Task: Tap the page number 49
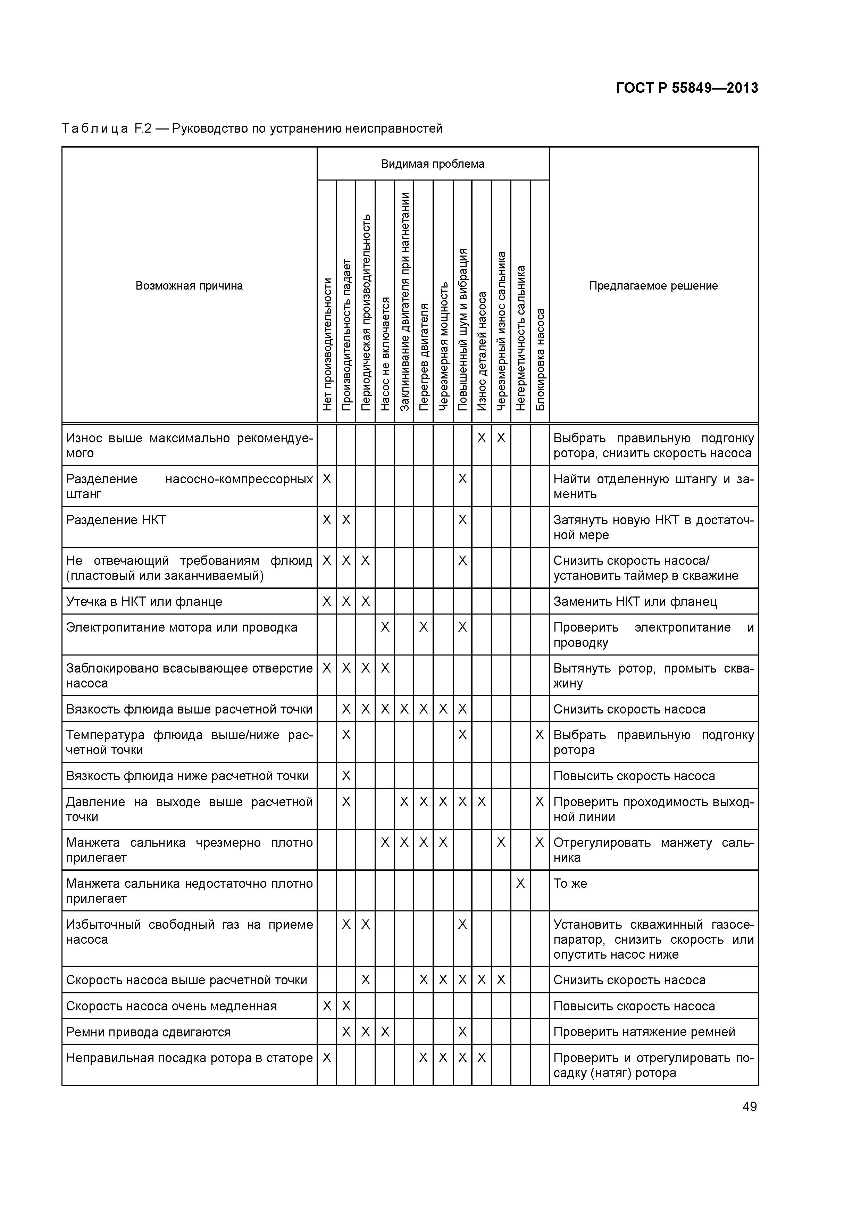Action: point(750,1106)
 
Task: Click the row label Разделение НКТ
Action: point(116,520)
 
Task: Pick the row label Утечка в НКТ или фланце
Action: point(144,602)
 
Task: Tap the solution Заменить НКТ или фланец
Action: point(635,602)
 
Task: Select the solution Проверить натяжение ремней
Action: point(644,1032)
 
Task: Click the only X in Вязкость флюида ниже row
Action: point(346,776)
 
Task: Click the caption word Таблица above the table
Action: point(94,128)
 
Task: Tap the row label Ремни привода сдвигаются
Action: point(149,1032)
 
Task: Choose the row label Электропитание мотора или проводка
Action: point(182,627)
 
